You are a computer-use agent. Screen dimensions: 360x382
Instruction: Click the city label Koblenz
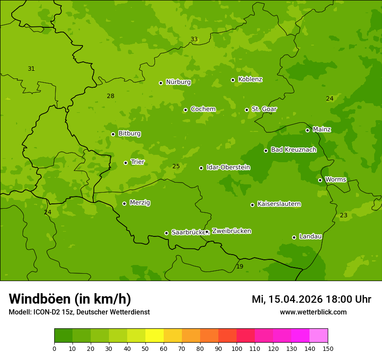point(250,79)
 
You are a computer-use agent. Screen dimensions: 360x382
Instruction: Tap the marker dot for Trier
point(126,163)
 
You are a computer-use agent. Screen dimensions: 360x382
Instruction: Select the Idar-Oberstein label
point(228,167)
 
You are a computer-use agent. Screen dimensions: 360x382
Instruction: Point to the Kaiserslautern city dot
point(252,205)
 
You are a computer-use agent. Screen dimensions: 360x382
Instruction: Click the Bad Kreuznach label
point(293,150)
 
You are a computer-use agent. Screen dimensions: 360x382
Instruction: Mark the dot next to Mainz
point(307,130)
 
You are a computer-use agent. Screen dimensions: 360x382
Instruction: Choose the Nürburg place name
point(178,82)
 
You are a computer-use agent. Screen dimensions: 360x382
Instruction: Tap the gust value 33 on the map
point(194,39)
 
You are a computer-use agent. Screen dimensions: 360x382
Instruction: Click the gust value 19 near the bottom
point(240,266)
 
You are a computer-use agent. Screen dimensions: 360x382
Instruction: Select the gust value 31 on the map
point(31,69)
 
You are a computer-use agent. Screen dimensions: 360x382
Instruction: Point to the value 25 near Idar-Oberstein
point(176,166)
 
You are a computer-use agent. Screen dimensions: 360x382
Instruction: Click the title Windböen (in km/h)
point(70,299)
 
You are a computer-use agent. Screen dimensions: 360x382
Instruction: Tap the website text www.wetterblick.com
point(313,312)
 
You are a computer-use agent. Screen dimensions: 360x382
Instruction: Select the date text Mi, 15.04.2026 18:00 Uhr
point(311,299)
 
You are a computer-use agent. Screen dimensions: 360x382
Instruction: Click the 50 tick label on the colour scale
point(145,348)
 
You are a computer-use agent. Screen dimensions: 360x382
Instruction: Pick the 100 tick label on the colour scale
point(237,348)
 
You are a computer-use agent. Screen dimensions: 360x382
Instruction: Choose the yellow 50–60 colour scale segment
point(155,336)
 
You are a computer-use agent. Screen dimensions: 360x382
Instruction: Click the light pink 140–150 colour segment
point(319,336)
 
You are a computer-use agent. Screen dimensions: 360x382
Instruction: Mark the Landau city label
point(310,236)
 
